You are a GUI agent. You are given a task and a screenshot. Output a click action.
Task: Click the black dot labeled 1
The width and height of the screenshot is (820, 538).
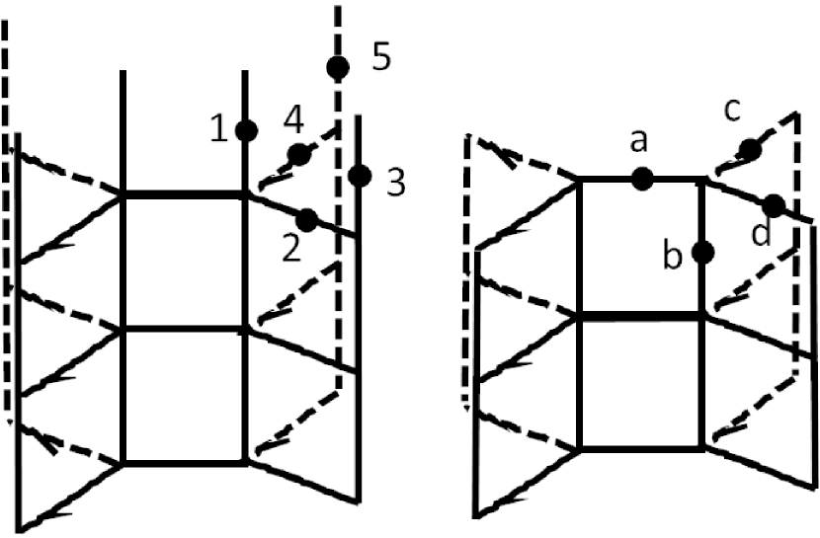coord(247,129)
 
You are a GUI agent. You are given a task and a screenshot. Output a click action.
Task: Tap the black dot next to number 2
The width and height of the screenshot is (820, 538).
coord(306,220)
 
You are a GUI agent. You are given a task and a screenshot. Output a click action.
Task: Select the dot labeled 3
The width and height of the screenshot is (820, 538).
coord(360,177)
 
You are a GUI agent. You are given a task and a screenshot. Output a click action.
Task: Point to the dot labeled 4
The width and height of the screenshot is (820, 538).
coord(298,153)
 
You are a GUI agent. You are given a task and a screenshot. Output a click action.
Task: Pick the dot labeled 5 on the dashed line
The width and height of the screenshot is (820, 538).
coord(338,67)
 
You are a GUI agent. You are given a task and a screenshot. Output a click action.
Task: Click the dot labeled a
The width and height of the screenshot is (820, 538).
coord(642,179)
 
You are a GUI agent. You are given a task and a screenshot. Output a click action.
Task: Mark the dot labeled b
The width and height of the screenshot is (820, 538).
coord(703,253)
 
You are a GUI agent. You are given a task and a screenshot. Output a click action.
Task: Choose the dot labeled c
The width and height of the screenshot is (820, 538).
coord(750,149)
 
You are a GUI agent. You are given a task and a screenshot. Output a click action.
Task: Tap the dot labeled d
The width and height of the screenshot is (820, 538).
coord(774,205)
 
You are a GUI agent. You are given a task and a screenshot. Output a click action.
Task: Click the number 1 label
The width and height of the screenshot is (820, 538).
coord(220,128)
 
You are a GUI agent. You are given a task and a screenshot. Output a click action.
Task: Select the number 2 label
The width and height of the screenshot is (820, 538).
coord(290,249)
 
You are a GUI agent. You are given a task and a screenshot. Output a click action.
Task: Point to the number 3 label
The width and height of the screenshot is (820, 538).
coord(395,183)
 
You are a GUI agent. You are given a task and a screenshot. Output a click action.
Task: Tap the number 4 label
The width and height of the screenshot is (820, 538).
coord(291,119)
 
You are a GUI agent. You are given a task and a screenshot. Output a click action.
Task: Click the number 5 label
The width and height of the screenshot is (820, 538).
coord(380,56)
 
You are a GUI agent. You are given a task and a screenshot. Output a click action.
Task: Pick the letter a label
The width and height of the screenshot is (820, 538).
coord(638,143)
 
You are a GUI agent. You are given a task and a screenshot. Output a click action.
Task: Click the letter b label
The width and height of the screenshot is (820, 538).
coord(673,257)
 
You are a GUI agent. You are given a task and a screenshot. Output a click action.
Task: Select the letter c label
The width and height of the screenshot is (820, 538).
coord(732,112)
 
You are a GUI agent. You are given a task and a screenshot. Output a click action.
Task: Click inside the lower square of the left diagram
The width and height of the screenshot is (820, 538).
coord(184,395)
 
